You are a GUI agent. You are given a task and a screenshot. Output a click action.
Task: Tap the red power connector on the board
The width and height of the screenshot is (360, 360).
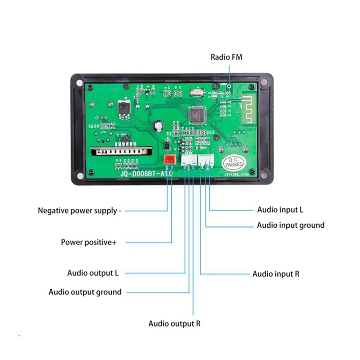point(170,159)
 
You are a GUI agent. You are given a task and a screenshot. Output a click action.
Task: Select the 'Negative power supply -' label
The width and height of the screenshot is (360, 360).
point(79,210)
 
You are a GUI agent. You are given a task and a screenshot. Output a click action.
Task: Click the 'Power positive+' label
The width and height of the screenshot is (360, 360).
point(89,243)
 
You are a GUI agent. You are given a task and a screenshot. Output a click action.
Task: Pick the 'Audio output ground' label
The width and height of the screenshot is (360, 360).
point(85,292)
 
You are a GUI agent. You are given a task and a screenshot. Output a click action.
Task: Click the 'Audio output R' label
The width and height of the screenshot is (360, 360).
point(175,324)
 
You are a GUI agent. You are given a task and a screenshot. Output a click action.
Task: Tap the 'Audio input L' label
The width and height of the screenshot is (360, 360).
point(278,210)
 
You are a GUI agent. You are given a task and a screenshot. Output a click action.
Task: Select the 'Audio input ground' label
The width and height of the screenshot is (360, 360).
point(290,225)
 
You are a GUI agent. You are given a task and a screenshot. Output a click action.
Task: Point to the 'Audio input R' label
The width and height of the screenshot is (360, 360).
point(276,274)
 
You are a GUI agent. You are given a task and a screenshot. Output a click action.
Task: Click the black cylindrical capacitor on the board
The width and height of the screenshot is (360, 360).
point(160,126)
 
